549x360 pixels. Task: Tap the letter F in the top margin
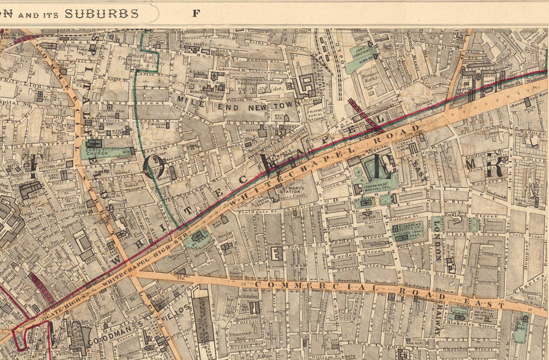click(x=196, y=12)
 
